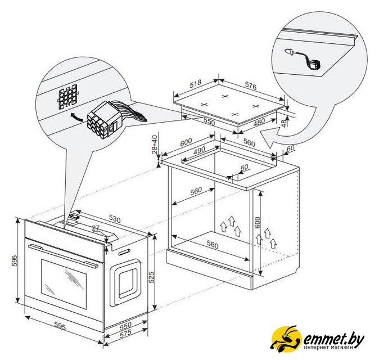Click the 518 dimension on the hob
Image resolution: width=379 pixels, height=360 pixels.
pos(195,84)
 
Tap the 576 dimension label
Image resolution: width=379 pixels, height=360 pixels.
pos(251,86)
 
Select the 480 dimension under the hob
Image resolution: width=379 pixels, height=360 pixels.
pos(259,122)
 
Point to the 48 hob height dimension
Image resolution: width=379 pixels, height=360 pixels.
pos(285,122)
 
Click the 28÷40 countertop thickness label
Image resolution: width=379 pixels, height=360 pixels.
pos(155,145)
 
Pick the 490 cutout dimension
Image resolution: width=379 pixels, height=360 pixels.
pos(199,151)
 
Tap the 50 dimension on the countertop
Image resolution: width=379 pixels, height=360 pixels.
pos(245,167)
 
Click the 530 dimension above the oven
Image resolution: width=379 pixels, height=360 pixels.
pos(115,219)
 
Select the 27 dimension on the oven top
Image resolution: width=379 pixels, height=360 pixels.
pos(96,228)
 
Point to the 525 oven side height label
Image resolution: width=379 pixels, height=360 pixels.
pos(151,277)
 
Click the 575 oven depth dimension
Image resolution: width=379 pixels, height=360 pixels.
pos(125,334)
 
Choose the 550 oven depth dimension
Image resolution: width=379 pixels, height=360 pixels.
pos(125,326)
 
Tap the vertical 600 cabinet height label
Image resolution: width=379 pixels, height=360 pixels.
pos(258,222)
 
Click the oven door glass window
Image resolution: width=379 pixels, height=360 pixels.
pos(64,284)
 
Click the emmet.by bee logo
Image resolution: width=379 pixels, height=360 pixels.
pos(286,339)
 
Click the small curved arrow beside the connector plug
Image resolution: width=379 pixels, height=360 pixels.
pos(77,116)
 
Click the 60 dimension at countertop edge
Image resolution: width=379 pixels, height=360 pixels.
pos(290,148)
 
